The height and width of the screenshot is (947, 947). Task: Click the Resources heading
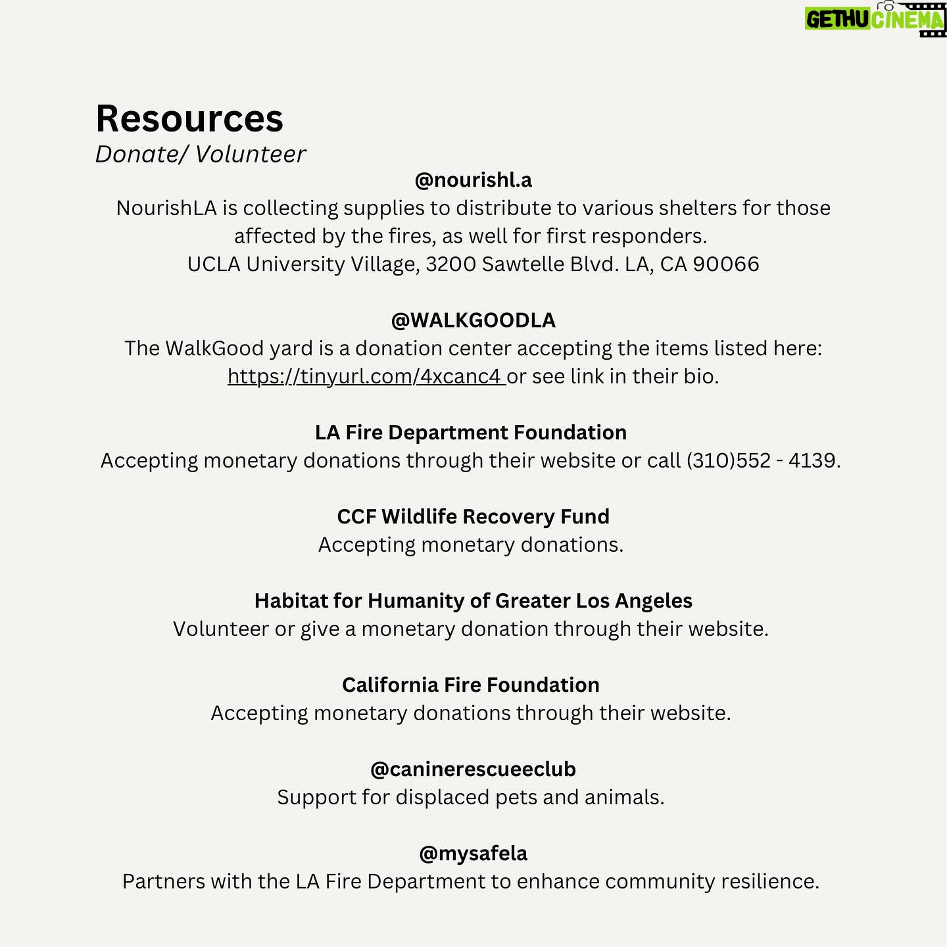click(189, 119)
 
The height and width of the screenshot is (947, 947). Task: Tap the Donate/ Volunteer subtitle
click(201, 154)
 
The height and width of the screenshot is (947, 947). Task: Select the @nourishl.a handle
click(473, 180)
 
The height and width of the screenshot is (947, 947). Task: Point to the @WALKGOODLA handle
click(473, 320)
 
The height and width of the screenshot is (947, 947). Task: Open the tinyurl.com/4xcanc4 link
click(366, 376)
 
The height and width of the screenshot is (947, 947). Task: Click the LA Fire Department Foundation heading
click(471, 432)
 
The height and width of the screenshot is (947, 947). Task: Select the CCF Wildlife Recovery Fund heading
click(473, 516)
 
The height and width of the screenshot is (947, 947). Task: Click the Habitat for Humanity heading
click(473, 600)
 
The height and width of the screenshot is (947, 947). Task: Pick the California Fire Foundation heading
click(471, 685)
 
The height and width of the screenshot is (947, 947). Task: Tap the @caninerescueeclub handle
click(473, 769)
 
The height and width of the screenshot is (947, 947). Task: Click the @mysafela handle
click(473, 853)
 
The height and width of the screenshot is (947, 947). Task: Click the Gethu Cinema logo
click(875, 19)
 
